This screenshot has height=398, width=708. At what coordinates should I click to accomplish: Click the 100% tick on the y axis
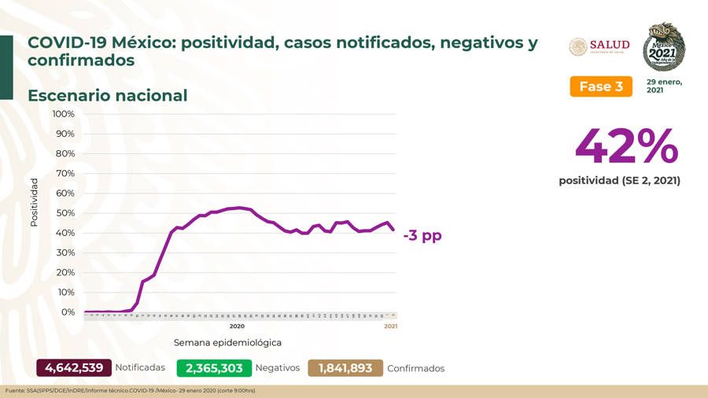[x=63, y=114]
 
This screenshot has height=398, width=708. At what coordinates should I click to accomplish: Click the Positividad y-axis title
[x=34, y=202]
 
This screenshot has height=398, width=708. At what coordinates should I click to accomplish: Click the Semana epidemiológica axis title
[x=227, y=343]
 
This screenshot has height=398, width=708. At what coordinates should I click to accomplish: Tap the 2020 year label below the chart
[x=237, y=326]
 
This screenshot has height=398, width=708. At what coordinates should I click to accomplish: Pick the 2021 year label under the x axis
[x=390, y=326]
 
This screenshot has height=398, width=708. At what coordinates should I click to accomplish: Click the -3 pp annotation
[x=422, y=235]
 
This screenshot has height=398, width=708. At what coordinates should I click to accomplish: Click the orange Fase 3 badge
[x=601, y=87]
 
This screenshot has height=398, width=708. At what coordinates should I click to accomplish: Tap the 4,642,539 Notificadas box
[x=74, y=368]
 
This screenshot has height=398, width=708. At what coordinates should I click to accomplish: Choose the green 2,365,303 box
[x=214, y=368]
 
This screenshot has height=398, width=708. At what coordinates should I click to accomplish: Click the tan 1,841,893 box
[x=345, y=368]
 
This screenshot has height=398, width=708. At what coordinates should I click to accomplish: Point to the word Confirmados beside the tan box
[x=416, y=368]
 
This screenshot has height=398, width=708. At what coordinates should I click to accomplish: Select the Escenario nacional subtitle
[x=107, y=96]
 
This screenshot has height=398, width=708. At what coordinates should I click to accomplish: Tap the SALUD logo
[x=599, y=47]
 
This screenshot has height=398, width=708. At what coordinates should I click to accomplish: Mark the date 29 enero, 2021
[x=664, y=86]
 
